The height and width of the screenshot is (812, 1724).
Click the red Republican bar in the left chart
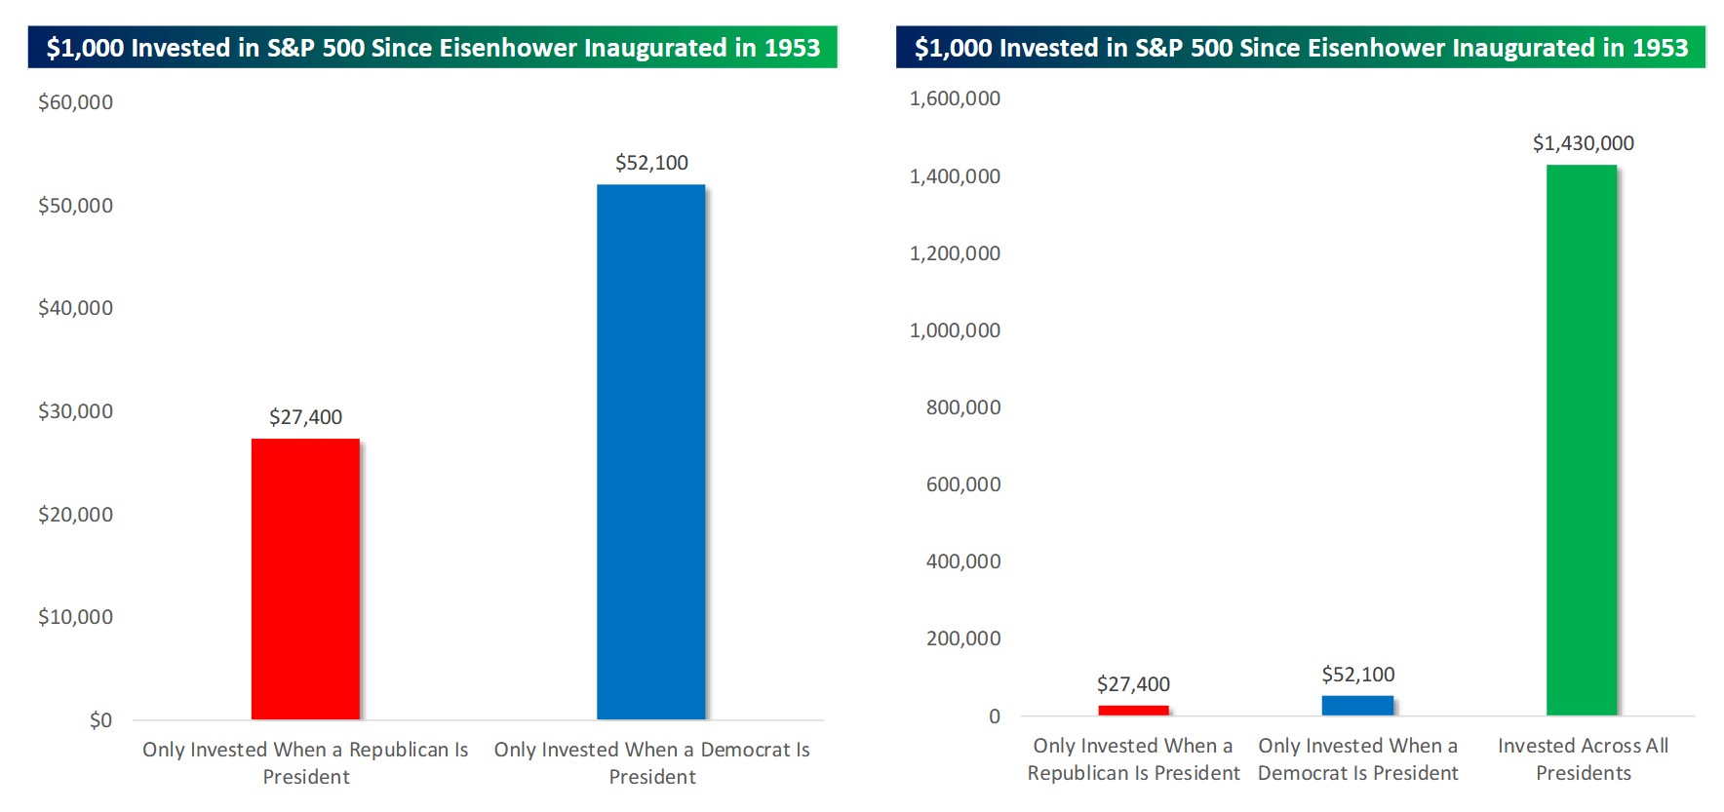[x=305, y=579]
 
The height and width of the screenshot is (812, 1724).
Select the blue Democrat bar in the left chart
[x=650, y=452]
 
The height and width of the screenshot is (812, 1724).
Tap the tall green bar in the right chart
[x=1581, y=440]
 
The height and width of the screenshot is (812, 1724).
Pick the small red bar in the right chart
[x=1133, y=710]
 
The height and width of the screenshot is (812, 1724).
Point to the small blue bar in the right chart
[x=1357, y=705]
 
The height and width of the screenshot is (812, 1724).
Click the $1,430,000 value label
[x=1583, y=143]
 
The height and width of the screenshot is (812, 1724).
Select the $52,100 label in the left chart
[x=651, y=163]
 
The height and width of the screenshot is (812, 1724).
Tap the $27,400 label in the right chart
[x=1133, y=684]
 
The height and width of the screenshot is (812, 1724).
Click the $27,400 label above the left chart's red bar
[x=305, y=417]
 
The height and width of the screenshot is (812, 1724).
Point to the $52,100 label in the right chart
[x=1357, y=675]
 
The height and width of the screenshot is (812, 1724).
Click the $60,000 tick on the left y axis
[x=75, y=102]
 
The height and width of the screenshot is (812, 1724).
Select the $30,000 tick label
[x=75, y=411]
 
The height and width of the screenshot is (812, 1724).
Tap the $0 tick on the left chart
[x=100, y=720]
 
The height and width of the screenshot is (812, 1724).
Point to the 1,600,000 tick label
[x=955, y=98]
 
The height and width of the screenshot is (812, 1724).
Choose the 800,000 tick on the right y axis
[x=962, y=407]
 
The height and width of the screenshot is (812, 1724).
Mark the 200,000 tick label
[x=962, y=638]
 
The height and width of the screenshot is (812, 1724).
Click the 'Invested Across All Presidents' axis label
[x=1583, y=759]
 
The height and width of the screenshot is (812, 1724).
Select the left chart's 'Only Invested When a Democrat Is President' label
[x=651, y=763]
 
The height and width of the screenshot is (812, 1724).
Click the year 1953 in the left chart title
[x=792, y=48]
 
